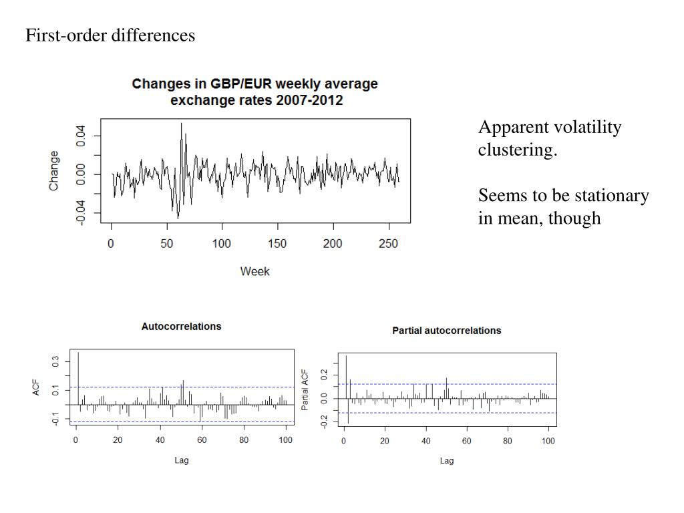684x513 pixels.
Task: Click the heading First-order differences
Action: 110,35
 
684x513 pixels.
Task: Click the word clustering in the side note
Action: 517,150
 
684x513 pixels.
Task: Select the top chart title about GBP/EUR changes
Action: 255,92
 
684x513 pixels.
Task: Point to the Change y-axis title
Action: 54,170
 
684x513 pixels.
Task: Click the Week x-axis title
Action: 255,271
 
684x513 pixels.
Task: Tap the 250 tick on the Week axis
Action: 389,244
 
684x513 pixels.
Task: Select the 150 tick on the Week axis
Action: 277,244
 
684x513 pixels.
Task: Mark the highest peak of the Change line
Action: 181,124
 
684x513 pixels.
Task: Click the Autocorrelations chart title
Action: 181,327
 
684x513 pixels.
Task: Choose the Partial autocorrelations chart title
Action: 446,331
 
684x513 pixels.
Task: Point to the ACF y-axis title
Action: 37,387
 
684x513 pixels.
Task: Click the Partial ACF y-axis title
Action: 305,389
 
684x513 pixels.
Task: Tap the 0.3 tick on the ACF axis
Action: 56,361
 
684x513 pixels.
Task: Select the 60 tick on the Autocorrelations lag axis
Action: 202,440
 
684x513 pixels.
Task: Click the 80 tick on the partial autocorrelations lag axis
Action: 508,442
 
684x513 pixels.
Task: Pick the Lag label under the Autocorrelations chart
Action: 181,460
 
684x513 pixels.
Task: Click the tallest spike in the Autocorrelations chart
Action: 78,353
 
